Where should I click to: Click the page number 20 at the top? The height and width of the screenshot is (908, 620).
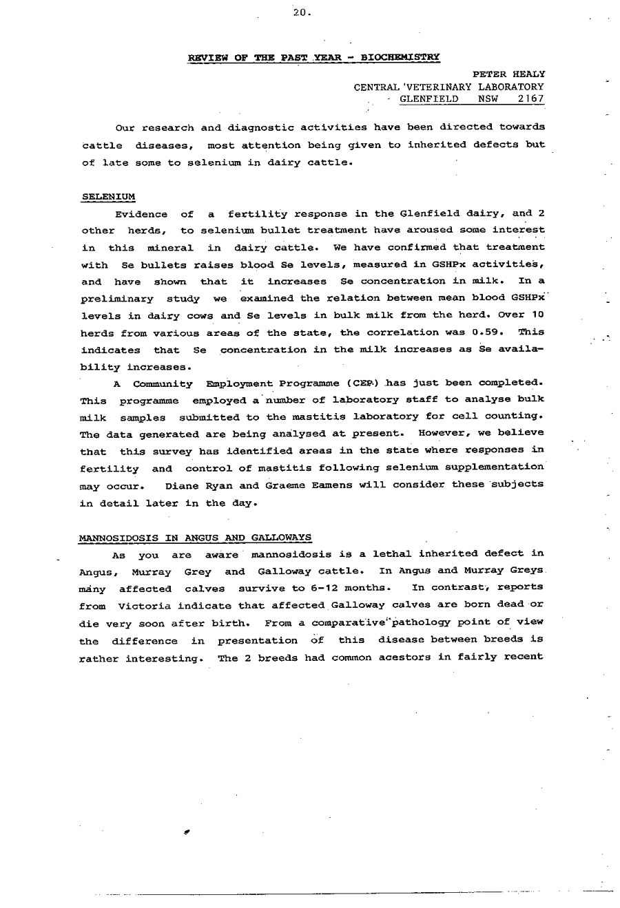(301, 12)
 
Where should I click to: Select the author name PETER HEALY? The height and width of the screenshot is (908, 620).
(508, 74)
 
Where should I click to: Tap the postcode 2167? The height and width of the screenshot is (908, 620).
(531, 98)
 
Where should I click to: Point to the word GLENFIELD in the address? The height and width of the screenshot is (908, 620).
(429, 98)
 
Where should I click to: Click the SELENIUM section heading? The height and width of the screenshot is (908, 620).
(108, 196)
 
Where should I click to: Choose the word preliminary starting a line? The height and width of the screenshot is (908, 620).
(116, 299)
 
